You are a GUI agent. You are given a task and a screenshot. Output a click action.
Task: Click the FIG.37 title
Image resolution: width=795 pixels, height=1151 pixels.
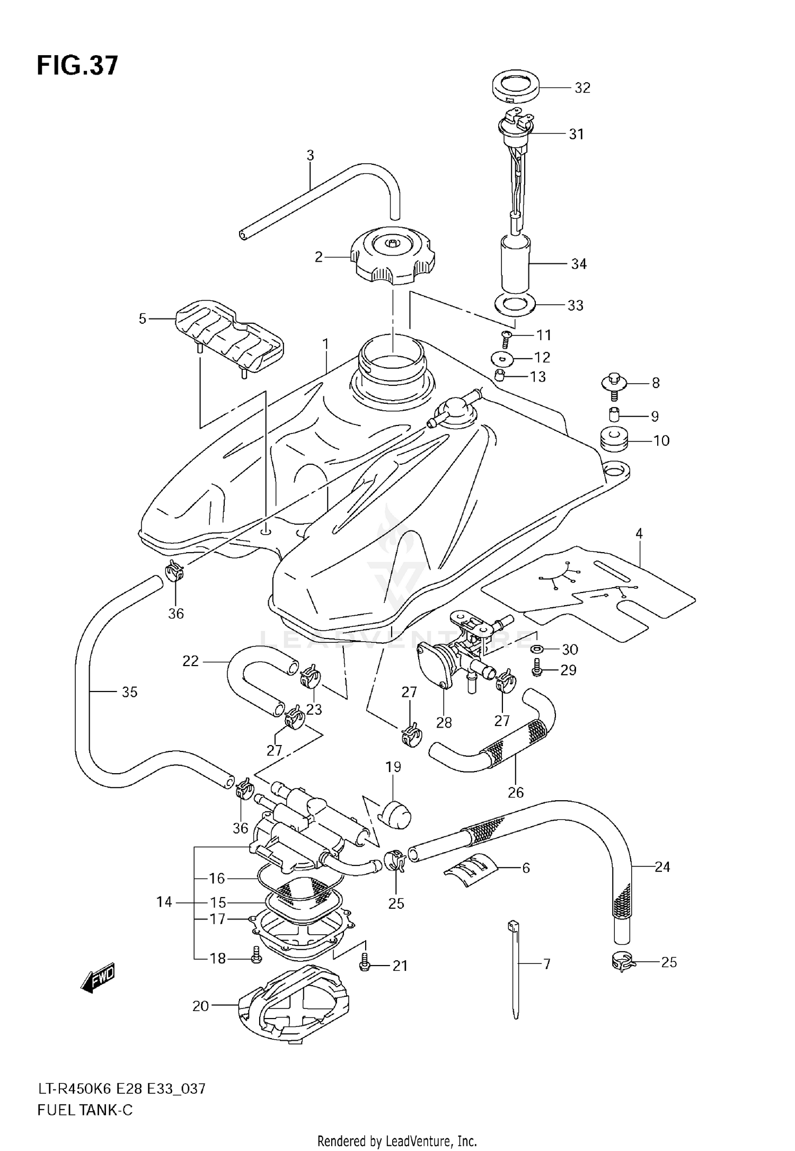pyautogui.click(x=77, y=66)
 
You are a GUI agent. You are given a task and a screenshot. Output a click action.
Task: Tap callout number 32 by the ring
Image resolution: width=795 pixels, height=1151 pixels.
pyautogui.click(x=582, y=88)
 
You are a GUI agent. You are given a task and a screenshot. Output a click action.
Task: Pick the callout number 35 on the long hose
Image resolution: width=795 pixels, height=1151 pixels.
pyautogui.click(x=129, y=692)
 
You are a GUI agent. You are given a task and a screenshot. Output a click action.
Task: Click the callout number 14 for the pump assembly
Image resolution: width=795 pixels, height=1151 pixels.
pyautogui.click(x=164, y=901)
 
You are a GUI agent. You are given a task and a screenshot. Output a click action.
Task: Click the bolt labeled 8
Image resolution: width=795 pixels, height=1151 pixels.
pyautogui.click(x=614, y=383)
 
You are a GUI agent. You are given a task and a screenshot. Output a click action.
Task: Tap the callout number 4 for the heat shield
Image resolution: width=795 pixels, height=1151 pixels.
pyautogui.click(x=639, y=534)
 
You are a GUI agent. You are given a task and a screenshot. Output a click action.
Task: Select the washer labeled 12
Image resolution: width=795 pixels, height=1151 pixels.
pyautogui.click(x=503, y=359)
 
